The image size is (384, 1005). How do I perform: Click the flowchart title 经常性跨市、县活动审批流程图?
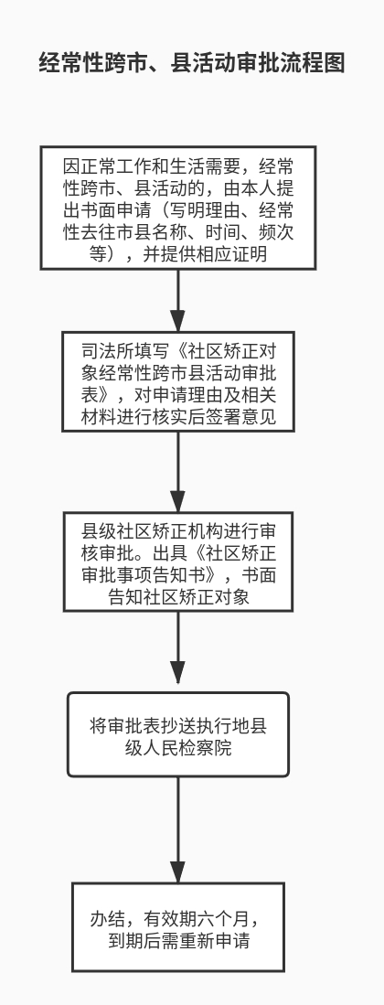[x=192, y=63]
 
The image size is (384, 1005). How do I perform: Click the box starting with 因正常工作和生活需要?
[x=178, y=208]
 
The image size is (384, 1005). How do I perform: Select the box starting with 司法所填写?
[x=178, y=381]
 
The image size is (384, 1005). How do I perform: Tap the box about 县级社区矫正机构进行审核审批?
[x=178, y=561]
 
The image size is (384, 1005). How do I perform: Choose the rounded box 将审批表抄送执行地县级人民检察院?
[x=178, y=734]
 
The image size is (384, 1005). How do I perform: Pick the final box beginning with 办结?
[x=178, y=926]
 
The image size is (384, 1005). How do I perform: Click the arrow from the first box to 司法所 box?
[x=178, y=301]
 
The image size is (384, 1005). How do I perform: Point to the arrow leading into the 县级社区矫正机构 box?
[x=178, y=472]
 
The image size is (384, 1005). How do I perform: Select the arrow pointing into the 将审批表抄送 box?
[x=178, y=652]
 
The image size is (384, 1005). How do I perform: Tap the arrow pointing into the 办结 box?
[x=178, y=830]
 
